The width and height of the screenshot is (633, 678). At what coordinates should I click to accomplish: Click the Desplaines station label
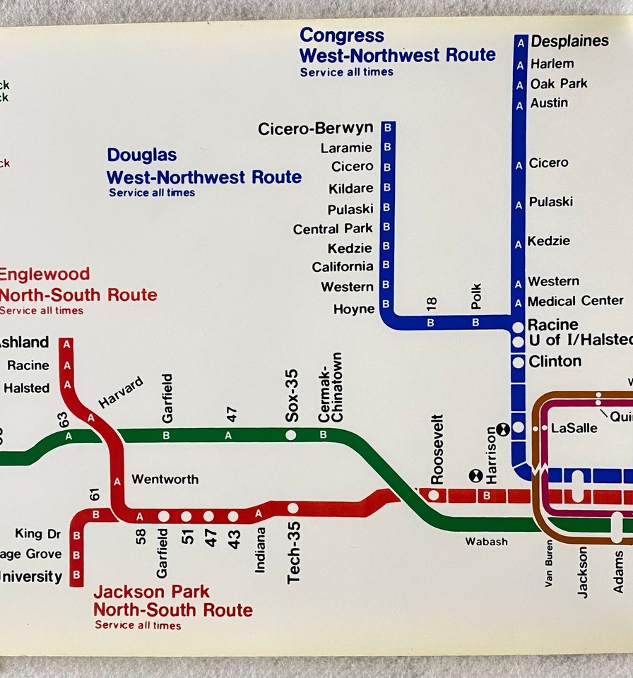[x=569, y=41]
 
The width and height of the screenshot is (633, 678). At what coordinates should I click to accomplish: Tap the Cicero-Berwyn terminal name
[x=315, y=129]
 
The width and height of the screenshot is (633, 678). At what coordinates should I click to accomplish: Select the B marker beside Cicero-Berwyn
[x=386, y=129]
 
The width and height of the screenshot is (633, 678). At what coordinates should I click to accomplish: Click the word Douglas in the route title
[x=141, y=155]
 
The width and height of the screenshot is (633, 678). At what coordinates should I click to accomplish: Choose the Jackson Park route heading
[x=172, y=600]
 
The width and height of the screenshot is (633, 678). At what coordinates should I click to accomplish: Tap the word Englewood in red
[x=45, y=274]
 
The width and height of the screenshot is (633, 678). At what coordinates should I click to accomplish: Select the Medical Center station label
[x=575, y=301]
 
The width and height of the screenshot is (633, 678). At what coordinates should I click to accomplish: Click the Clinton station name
[x=555, y=362]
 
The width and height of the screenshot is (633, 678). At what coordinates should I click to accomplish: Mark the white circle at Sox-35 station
[x=290, y=435]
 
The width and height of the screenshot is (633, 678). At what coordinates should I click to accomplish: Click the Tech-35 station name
[x=293, y=552]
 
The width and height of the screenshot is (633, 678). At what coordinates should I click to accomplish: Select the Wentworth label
[x=165, y=480]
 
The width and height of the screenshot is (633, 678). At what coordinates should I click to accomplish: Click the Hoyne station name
[x=354, y=309]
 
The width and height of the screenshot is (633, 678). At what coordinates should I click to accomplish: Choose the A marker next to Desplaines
[x=521, y=42]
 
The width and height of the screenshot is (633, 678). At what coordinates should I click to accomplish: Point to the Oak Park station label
[x=559, y=83]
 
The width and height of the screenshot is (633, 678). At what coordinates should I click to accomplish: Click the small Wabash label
[x=486, y=542]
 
